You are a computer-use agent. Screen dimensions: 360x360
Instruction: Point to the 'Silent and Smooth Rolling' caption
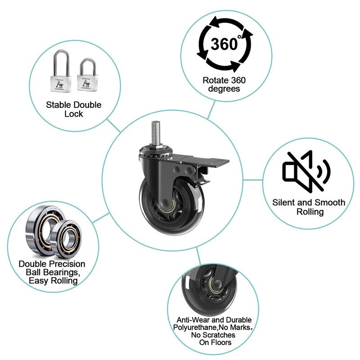coord(309,207)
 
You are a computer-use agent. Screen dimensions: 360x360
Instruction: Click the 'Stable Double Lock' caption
coord(74,109)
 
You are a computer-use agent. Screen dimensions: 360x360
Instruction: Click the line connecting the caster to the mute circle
coord(253,180)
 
